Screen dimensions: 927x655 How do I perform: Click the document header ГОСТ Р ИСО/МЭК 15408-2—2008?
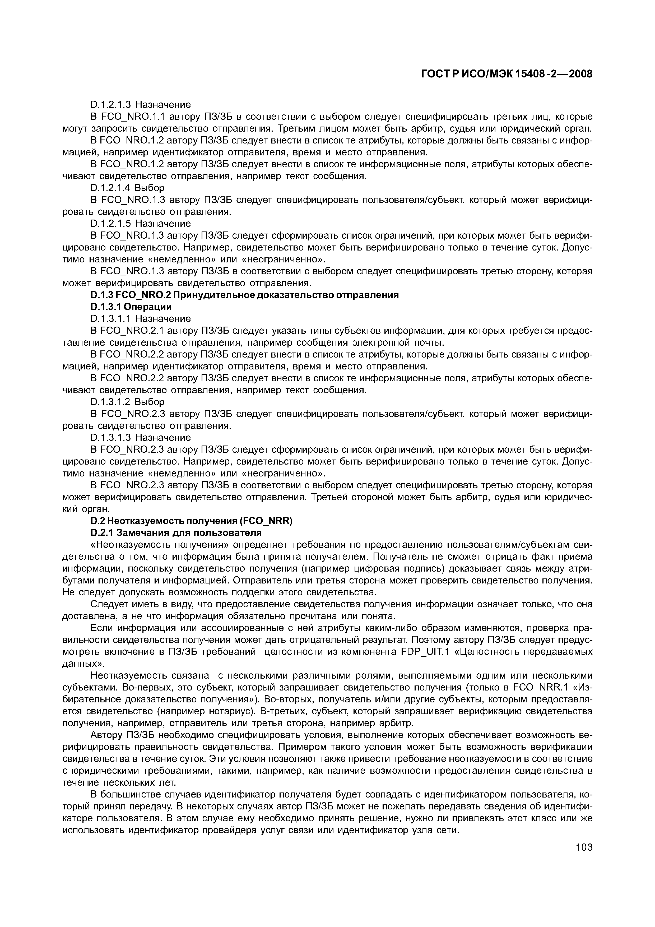pos(507,74)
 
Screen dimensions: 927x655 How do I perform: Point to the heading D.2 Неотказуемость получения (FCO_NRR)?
pos(191,521)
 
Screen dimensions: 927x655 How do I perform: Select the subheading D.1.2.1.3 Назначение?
pos(141,105)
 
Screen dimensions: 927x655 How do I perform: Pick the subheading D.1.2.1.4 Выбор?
pos(128,188)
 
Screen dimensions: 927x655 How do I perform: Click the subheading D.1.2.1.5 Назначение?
pos(141,224)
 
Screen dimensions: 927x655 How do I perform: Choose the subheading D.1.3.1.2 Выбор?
pos(128,402)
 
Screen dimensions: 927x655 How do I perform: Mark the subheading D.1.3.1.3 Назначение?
pos(141,438)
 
